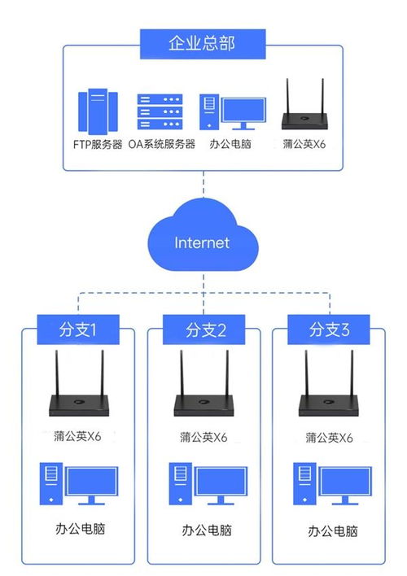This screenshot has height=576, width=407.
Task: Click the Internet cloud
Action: click(202, 242)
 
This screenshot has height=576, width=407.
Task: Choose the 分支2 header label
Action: click(203, 330)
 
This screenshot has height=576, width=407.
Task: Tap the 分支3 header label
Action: click(328, 330)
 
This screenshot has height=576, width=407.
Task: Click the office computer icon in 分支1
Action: click(79, 484)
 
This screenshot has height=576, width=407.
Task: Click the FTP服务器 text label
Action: click(96, 145)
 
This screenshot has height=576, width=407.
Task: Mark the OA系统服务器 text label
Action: click(162, 145)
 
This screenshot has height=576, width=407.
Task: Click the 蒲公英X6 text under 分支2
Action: click(204, 437)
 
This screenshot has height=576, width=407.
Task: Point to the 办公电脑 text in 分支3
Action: click(332, 531)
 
